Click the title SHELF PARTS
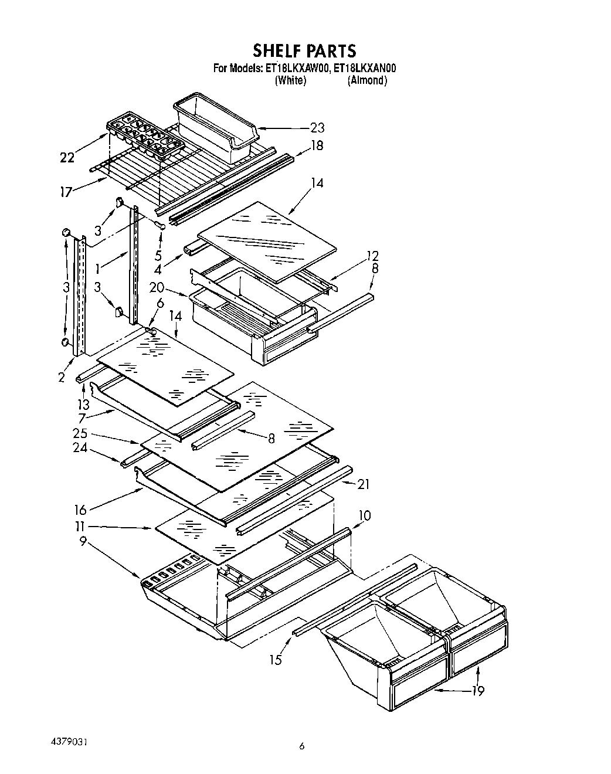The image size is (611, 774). click(x=304, y=50)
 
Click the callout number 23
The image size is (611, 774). click(x=317, y=128)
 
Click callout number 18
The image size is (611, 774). click(x=317, y=145)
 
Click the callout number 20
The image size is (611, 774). click(x=157, y=288)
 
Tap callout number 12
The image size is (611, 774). click(x=372, y=256)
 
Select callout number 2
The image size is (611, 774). click(x=62, y=378)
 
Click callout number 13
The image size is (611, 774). click(x=84, y=404)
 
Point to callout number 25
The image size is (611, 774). click(x=80, y=433)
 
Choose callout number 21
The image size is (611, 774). click(x=363, y=484)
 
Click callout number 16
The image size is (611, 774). click(x=80, y=510)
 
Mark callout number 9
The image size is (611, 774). click(x=83, y=542)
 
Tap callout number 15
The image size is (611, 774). click(x=275, y=660)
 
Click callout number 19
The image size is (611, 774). click(x=478, y=691)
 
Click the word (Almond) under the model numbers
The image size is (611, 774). click(x=367, y=80)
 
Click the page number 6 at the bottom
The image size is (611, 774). click(x=301, y=746)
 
